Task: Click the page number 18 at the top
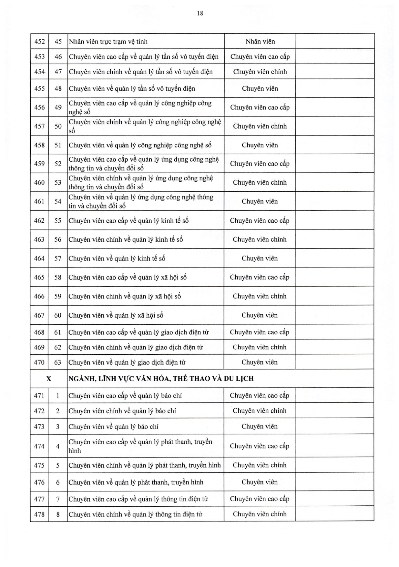tap(200, 13)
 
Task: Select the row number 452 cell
tap(39, 42)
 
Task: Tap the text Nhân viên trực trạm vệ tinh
tap(108, 42)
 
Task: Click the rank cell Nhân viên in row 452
tap(260, 42)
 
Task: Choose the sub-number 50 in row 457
tap(58, 126)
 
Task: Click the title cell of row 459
tap(144, 164)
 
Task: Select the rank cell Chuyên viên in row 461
tap(260, 201)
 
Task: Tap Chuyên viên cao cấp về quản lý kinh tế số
tap(128, 221)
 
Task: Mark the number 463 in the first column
tap(39, 239)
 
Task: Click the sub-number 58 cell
tap(58, 277)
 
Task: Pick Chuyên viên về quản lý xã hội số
tap(116, 315)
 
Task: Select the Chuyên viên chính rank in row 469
tap(260, 347)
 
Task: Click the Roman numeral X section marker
tap(49, 379)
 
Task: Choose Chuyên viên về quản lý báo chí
tap(113, 427)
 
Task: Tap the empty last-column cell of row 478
tap(334, 514)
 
